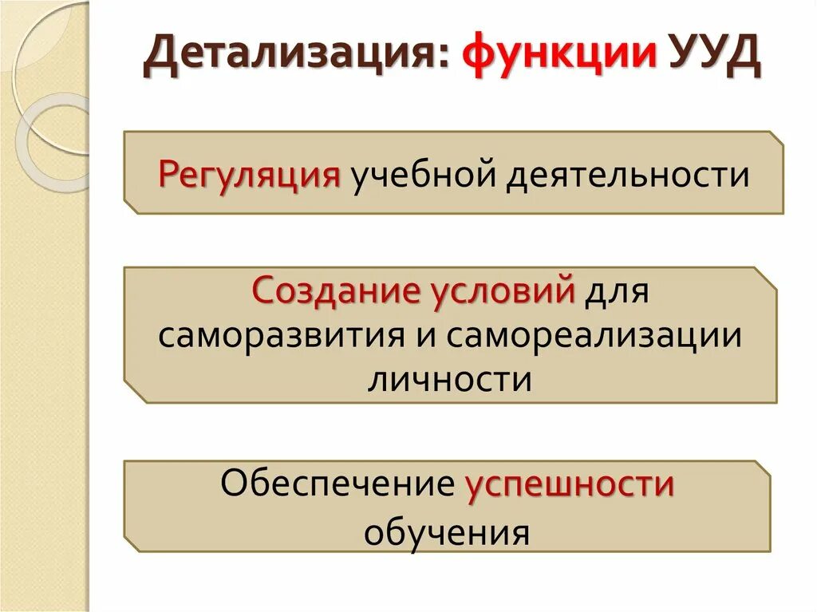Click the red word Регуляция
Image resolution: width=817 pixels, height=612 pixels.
coord(250,173)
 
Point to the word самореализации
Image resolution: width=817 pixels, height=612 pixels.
coord(594,334)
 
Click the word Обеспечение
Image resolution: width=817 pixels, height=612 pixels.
coord(336,484)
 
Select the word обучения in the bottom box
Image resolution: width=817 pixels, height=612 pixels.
coord(447,531)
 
